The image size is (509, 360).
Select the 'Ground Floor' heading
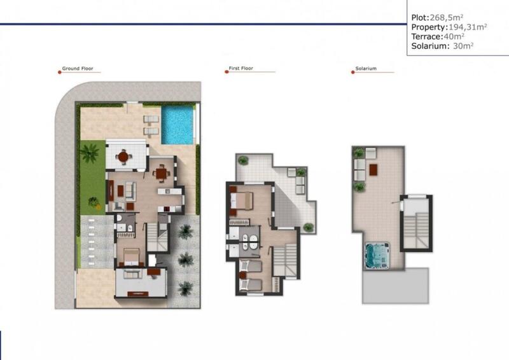tap(78, 68)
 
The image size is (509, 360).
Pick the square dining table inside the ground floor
tap(163, 172)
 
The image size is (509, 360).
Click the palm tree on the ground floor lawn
tap(90, 153)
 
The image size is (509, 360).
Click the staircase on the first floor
tap(286, 260)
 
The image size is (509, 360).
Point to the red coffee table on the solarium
tap(374, 169)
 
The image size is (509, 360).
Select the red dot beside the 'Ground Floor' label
tap(59, 72)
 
